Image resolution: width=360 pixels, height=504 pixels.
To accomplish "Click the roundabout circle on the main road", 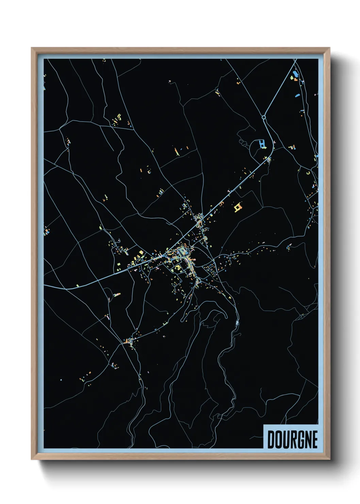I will [264, 117].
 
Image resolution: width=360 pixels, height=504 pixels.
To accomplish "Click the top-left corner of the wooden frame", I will [32, 48].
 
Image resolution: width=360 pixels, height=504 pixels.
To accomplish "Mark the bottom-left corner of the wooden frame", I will [32, 459].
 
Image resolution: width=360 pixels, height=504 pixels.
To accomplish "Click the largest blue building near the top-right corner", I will [295, 73].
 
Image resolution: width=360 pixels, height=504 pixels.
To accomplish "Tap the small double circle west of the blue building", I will [241, 141].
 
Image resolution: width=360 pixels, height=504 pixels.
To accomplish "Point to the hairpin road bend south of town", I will [225, 317].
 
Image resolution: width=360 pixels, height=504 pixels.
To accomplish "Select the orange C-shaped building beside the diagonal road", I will [222, 204].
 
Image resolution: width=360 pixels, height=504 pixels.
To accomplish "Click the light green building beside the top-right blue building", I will [292, 78].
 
